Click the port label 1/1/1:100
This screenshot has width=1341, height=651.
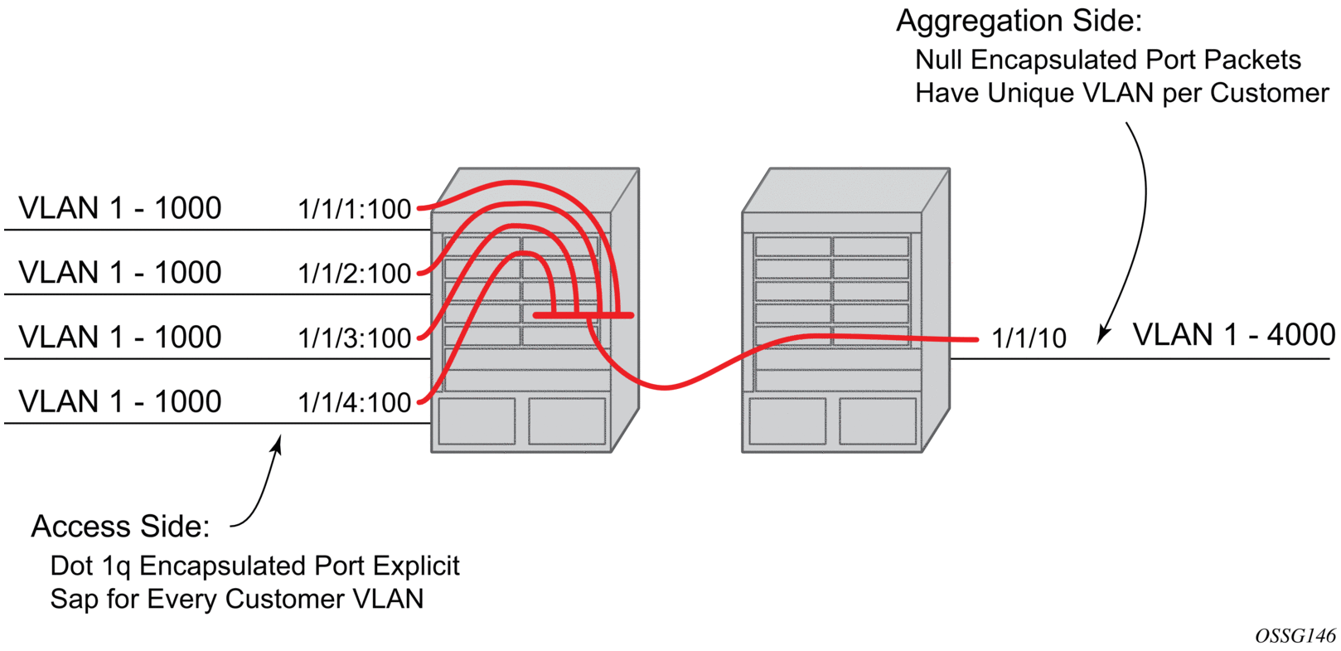tap(354, 209)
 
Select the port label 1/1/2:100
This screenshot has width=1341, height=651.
tap(354, 274)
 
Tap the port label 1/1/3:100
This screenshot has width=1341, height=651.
tap(354, 338)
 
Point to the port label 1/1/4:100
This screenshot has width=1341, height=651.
tap(354, 403)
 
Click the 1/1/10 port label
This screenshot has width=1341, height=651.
tap(1029, 338)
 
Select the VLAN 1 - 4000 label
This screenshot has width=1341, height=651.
tap(1233, 335)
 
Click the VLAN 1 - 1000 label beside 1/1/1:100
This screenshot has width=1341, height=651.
tap(120, 208)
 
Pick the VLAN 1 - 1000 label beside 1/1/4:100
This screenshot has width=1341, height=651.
tap(120, 402)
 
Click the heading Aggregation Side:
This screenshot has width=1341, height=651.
tap(1019, 22)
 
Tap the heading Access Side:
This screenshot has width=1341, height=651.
tap(121, 527)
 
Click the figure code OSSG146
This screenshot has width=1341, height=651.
tap(1295, 636)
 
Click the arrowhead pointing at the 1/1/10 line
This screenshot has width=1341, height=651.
tap(1103, 335)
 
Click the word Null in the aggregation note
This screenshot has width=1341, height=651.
tap(940, 60)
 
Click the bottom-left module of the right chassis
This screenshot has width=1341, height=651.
tap(787, 421)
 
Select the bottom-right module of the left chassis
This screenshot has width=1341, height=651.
tap(567, 421)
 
